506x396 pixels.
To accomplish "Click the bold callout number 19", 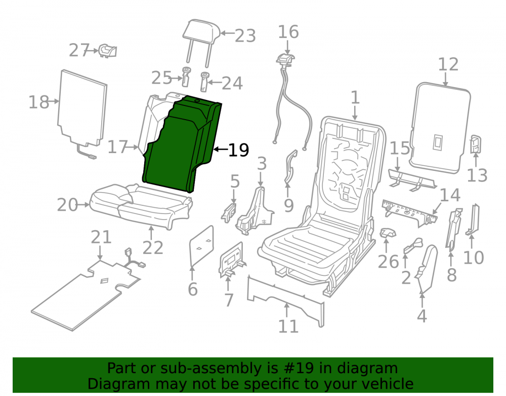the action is [x=238, y=150].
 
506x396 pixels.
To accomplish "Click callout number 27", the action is [x=79, y=50].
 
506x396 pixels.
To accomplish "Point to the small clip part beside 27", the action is [x=108, y=51].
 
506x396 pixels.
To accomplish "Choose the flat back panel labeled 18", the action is [x=82, y=108].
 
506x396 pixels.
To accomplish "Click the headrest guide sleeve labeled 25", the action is [x=186, y=77].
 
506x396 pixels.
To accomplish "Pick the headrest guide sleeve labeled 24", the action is [x=205, y=82].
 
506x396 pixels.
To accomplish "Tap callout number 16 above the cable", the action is [x=288, y=31].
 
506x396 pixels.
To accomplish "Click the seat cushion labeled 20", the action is [x=141, y=205].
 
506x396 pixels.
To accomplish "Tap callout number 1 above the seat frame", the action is [x=355, y=97].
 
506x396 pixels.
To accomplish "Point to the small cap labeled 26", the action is [x=387, y=233].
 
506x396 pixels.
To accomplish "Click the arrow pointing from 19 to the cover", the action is [x=221, y=149].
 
